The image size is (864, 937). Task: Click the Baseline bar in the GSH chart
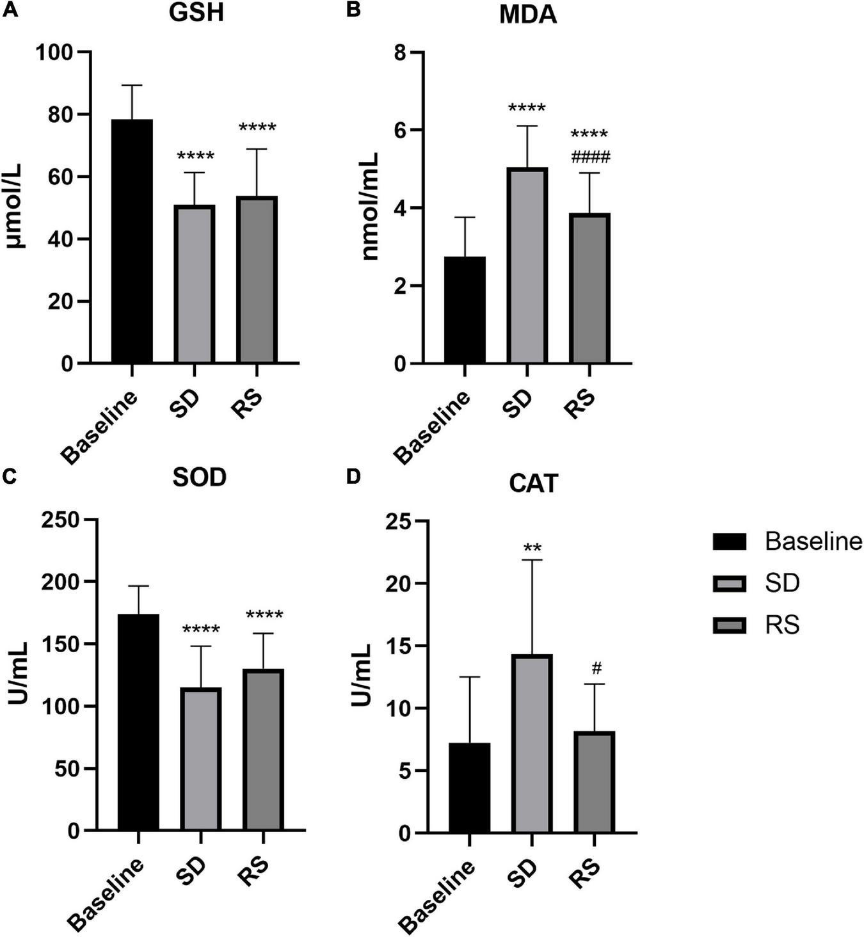(132, 241)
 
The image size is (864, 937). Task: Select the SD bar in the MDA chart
(527, 266)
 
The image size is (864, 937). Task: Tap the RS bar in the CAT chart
(595, 781)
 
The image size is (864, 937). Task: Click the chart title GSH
(196, 13)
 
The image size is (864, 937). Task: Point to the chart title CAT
(533, 483)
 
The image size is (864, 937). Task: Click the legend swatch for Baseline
(729, 542)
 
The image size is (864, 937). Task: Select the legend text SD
(782, 584)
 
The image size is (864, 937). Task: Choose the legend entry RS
(782, 625)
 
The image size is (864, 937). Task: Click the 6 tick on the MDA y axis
(401, 130)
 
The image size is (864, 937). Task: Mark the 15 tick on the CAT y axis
(399, 646)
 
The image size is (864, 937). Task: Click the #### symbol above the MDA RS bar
(590, 157)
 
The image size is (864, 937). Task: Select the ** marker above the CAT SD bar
(532, 548)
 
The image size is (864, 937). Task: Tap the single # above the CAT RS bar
(596, 669)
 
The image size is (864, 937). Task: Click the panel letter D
(353, 477)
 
